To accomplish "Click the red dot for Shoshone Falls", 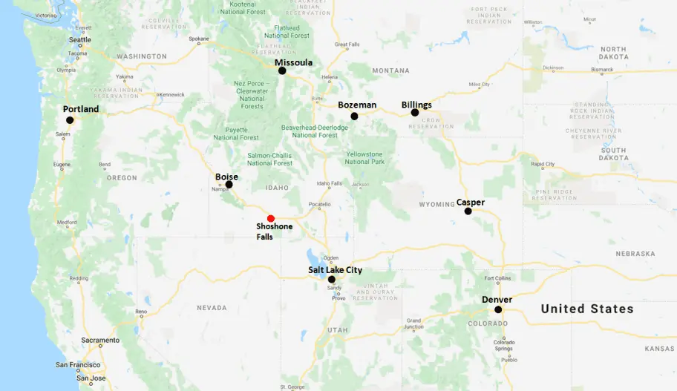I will (271, 218).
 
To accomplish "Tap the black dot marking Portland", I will (70, 120).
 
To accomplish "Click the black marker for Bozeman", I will (354, 116).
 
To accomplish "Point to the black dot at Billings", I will (415, 113).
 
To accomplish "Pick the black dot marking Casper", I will (468, 211).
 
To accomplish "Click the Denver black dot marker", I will (498, 309).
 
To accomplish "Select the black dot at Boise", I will (229, 185).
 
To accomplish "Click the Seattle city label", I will (80, 40).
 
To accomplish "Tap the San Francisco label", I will (77, 365).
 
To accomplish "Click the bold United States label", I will (586, 309).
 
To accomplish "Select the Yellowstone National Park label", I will (364, 158).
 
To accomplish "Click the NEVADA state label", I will (212, 307).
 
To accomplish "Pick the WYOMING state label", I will (436, 204).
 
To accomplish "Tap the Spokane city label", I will (198, 39).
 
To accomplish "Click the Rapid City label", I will (543, 164).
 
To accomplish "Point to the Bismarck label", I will (602, 69).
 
